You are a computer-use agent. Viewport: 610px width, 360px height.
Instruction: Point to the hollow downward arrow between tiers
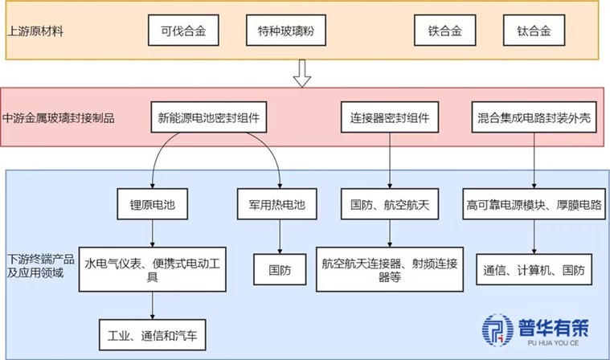point(302,74)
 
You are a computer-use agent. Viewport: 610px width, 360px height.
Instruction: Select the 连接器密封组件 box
point(390,118)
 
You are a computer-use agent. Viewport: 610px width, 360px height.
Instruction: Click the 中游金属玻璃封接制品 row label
point(59,118)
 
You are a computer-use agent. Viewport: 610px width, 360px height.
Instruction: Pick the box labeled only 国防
point(278,270)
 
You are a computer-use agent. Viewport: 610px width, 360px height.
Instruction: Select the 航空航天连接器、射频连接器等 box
point(390,270)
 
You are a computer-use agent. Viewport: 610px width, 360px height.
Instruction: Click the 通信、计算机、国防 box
point(534,270)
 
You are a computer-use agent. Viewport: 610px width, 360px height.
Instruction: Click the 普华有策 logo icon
point(498,332)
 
